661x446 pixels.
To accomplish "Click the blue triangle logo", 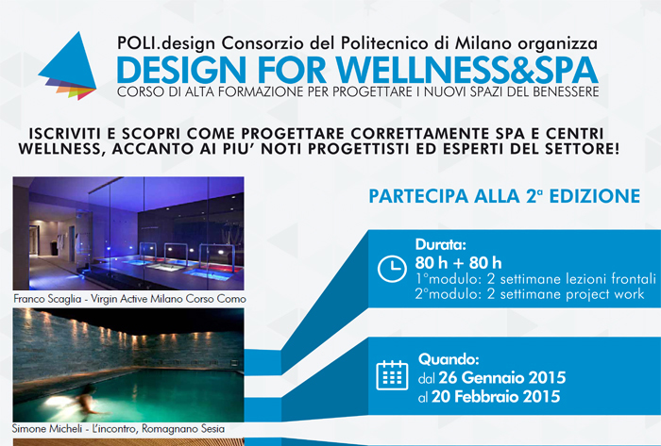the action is click(x=70, y=63).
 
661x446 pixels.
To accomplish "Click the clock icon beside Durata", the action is click(x=392, y=268).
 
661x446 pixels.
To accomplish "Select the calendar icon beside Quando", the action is click(x=392, y=375).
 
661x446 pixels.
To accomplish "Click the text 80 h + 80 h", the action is click(x=458, y=263).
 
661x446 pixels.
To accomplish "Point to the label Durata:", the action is click(x=440, y=244).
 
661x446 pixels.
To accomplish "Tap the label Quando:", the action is click(x=449, y=360).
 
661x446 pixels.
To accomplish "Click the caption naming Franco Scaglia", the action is click(x=129, y=299).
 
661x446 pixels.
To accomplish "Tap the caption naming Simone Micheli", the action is click(x=118, y=429).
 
